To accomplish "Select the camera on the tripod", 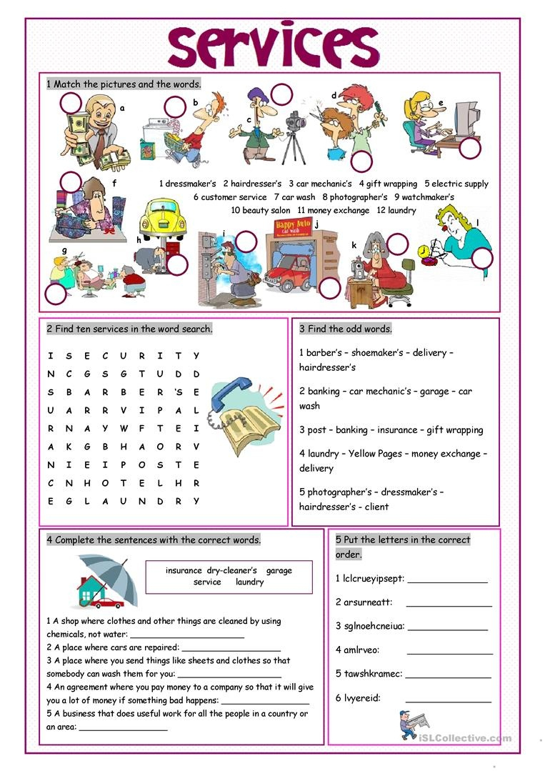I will (x=294, y=122).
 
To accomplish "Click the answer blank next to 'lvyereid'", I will (x=449, y=698).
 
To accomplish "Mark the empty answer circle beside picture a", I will (x=71, y=104).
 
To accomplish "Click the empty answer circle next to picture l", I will (x=482, y=258).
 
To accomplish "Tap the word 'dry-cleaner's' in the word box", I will (x=231, y=570).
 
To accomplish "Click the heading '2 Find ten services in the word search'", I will (x=129, y=329).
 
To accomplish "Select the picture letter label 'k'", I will (x=354, y=245).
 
